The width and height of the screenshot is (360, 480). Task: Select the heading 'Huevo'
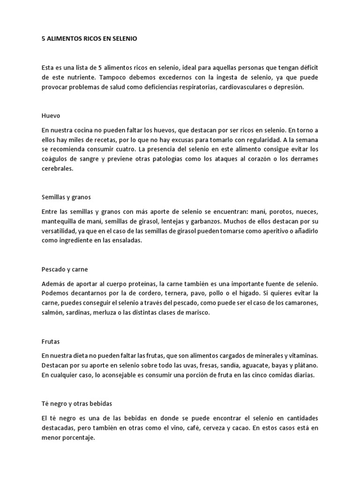pos(51,115)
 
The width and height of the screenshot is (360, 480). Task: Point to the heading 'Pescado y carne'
pos(65,270)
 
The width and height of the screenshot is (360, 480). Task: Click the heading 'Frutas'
pos(51,343)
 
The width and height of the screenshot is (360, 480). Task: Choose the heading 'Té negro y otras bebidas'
pos(77,403)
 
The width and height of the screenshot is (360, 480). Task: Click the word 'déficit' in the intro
pos(307,68)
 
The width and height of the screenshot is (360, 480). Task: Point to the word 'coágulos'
pos(54,160)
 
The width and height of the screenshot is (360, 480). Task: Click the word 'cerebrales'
pos(58,170)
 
